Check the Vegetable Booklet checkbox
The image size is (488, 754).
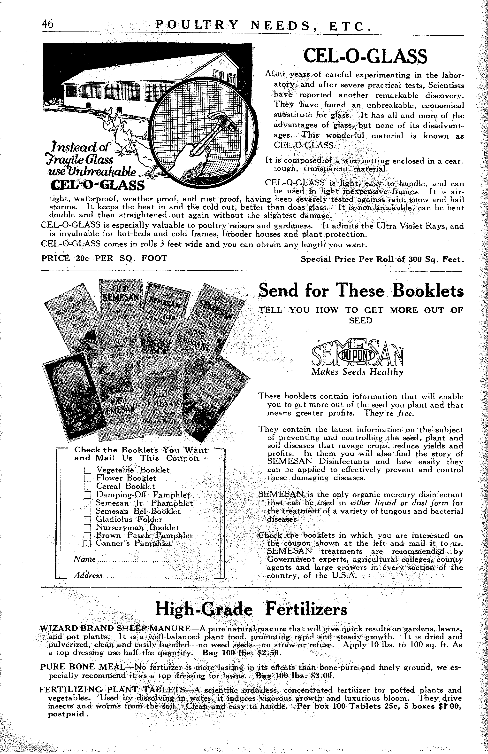[x=88, y=470]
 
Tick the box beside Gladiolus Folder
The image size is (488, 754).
[x=88, y=519]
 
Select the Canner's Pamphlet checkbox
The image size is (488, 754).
[x=88, y=544]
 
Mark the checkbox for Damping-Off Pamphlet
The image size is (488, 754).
[x=88, y=495]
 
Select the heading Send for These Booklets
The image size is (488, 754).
[x=361, y=291]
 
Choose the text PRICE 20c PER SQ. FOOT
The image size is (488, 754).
[x=104, y=258]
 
